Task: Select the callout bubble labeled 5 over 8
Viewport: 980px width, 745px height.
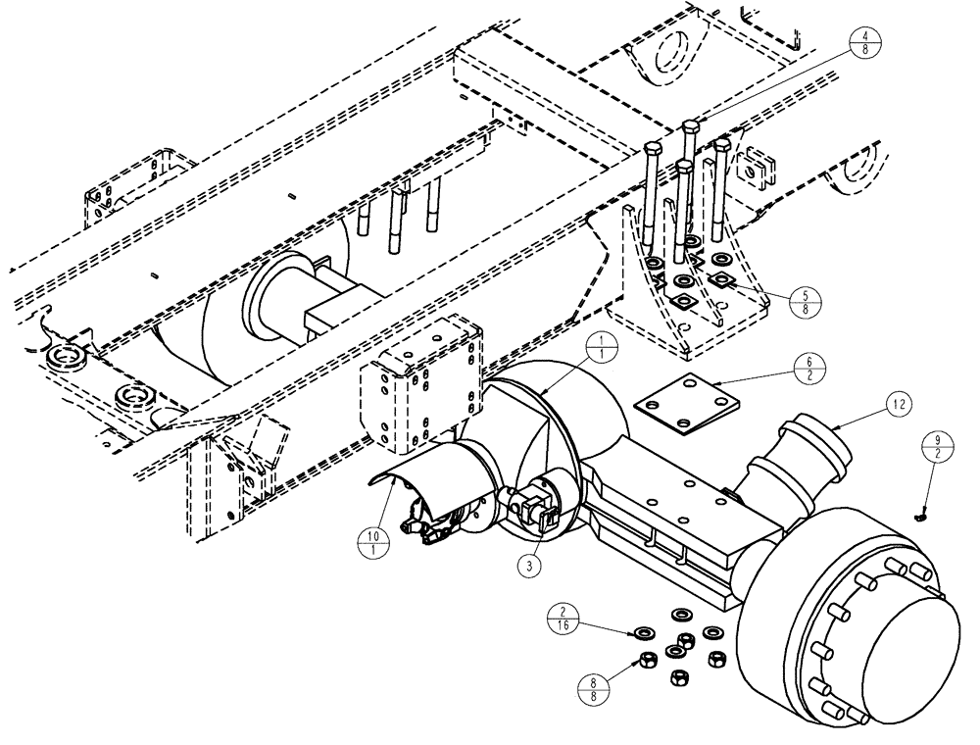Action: click(803, 300)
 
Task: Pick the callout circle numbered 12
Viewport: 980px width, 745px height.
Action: click(901, 402)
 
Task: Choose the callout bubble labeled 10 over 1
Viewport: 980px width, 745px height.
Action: click(371, 541)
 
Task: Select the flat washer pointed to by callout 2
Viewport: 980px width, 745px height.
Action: click(645, 630)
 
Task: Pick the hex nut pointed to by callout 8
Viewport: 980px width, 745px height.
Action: click(648, 658)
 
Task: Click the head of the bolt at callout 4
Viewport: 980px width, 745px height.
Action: click(689, 126)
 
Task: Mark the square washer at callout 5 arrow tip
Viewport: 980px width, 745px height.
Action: click(722, 281)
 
